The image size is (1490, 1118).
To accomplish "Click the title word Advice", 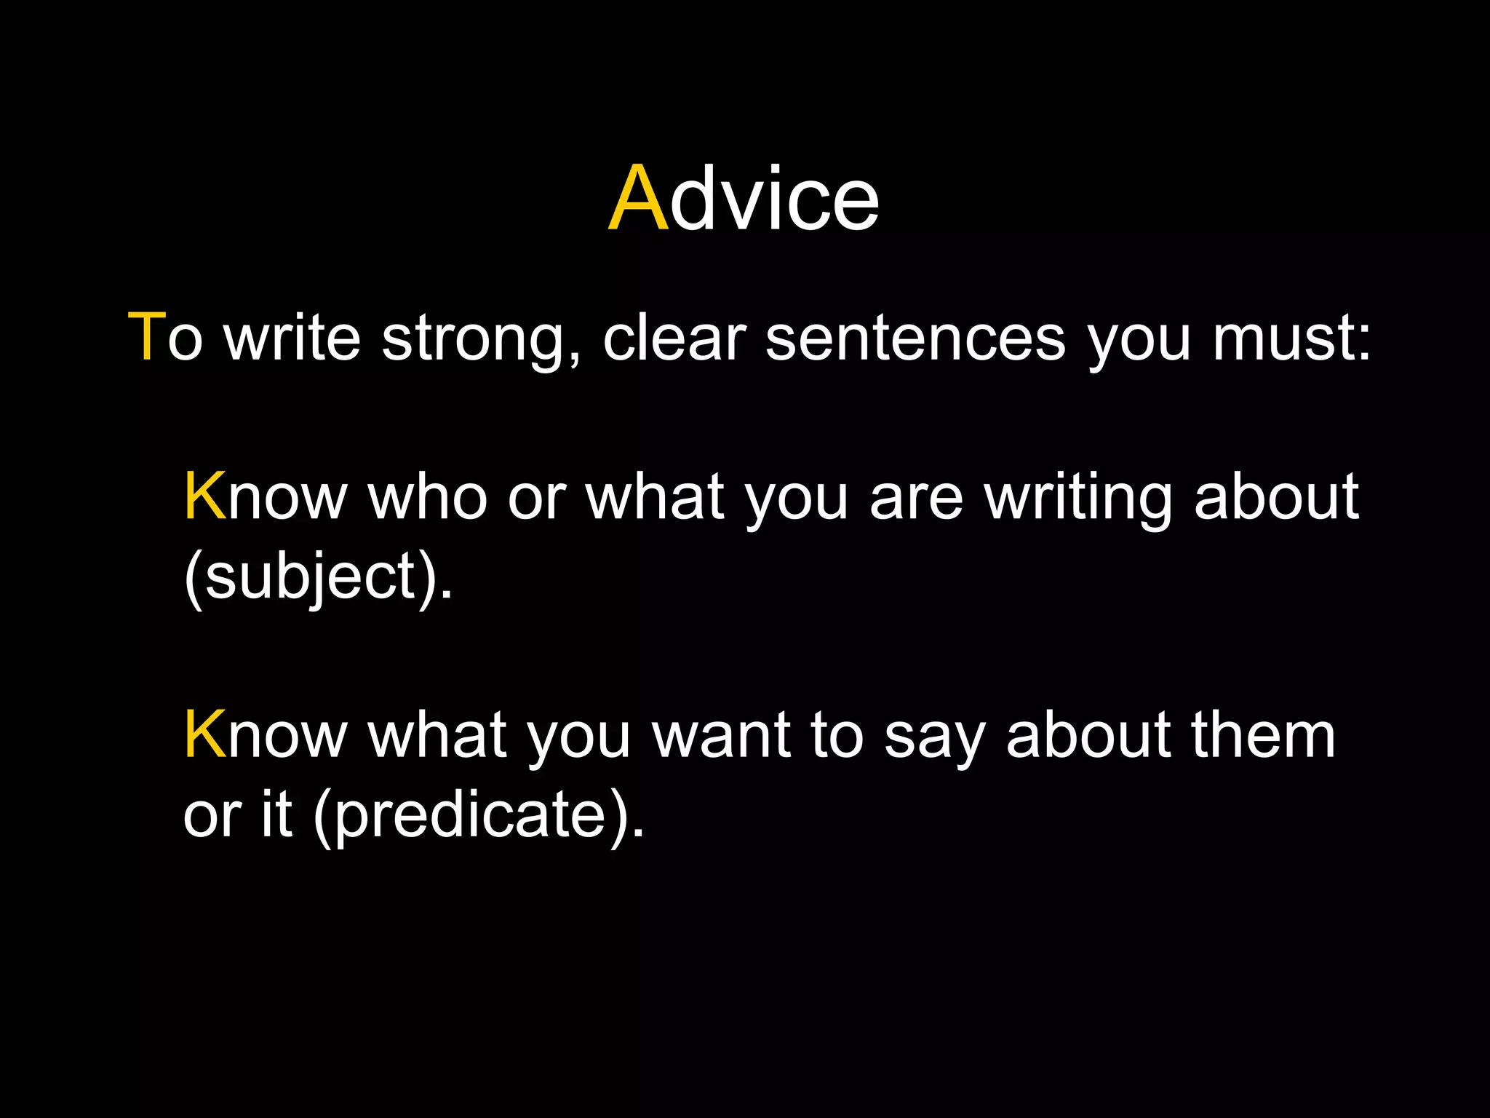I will coord(744,199).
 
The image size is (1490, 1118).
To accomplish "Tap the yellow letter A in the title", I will coord(638,199).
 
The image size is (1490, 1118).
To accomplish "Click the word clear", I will coord(674,337).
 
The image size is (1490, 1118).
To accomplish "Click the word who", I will coord(428,497).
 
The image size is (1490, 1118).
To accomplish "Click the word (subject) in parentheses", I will coord(319,577).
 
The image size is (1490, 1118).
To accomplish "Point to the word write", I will coord(292,337).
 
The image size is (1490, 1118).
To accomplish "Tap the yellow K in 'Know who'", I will coord(205,497).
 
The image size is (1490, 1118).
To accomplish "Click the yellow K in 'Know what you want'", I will coord(205,735).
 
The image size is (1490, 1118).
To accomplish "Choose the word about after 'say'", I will coord(1088,735).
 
